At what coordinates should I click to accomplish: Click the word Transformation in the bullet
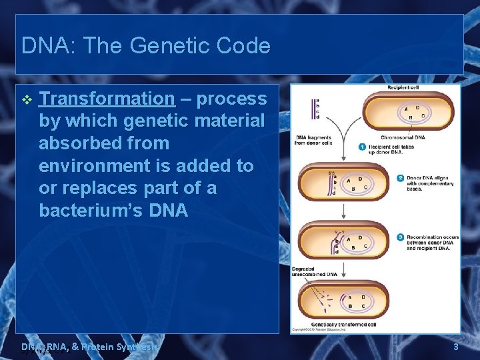[107, 99]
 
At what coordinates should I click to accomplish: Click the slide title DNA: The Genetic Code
[146, 46]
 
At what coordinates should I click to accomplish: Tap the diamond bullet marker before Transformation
[27, 99]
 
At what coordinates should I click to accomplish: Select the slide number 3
[455, 347]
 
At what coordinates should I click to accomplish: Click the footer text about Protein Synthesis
[90, 347]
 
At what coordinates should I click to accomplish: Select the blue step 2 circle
[400, 178]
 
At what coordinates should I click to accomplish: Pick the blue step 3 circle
[400, 237]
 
